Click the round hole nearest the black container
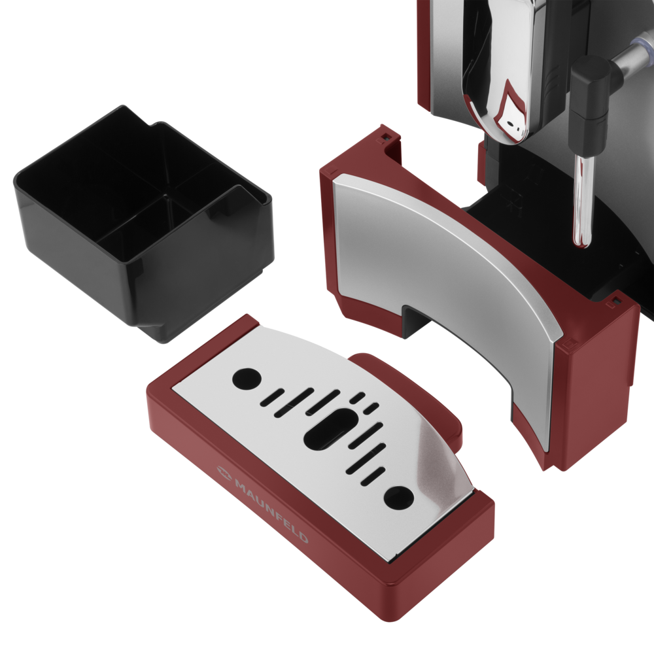247,379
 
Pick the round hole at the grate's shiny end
399,498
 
